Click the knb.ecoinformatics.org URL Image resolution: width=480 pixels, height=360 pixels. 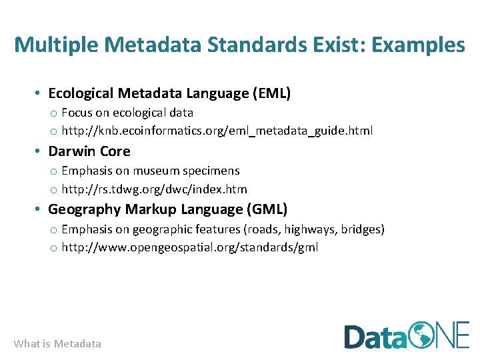click(217, 131)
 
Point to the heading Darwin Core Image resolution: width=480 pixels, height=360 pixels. click(89, 151)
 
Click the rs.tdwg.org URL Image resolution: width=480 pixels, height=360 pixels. click(154, 189)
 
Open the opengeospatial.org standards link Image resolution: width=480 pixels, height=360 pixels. click(189, 247)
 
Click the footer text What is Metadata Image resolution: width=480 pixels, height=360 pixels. click(57, 344)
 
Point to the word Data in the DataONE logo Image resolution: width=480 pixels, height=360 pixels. click(374, 336)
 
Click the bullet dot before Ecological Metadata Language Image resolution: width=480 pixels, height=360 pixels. click(40, 93)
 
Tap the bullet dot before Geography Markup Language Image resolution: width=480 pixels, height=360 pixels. click(40, 209)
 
